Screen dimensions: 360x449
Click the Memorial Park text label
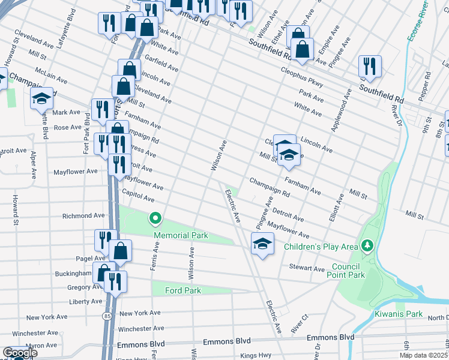pyautogui.click(x=181, y=236)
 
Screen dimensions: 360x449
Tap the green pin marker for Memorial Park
pyautogui.click(x=155, y=218)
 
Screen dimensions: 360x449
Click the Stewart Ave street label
pyautogui.click(x=307, y=268)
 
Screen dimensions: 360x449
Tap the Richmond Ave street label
pyautogui.click(x=83, y=215)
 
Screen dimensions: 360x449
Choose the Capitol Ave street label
pyautogui.click(x=138, y=199)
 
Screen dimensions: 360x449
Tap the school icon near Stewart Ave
pyautogui.click(x=262, y=243)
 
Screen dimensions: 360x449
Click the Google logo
pyautogui.click(x=19, y=353)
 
